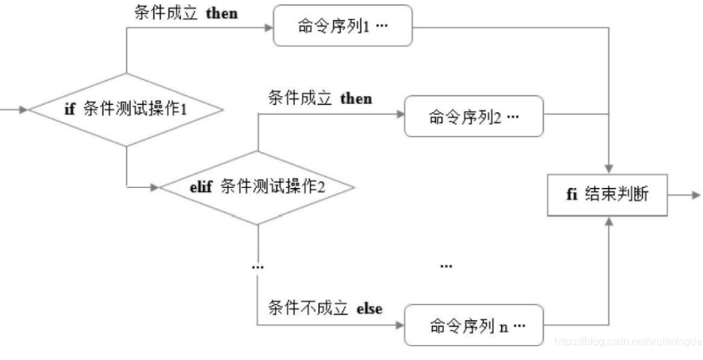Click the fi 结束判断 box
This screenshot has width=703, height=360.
tap(611, 196)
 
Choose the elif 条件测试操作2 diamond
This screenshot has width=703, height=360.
tap(258, 185)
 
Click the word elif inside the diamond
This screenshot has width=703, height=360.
tap(203, 185)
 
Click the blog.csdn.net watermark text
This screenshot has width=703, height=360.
tap(627, 341)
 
